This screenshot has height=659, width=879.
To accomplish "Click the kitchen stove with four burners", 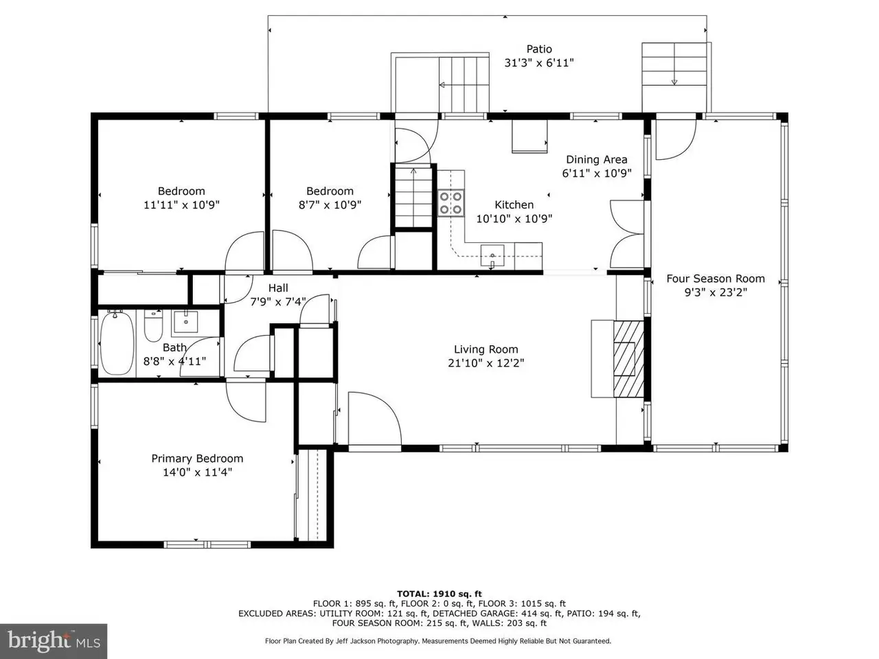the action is click(x=451, y=203).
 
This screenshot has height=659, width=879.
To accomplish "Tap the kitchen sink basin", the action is click(x=492, y=255).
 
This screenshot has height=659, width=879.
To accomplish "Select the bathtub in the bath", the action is click(x=117, y=343).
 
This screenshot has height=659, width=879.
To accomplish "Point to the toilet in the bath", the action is click(x=153, y=327).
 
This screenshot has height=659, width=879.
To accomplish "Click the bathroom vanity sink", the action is click(x=185, y=322).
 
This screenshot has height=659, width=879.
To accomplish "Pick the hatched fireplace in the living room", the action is click(x=628, y=358).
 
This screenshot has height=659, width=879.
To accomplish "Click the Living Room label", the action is click(x=486, y=349).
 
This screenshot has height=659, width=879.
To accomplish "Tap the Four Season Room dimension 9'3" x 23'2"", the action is click(x=716, y=292).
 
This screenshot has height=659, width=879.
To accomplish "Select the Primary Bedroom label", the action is click(x=197, y=459).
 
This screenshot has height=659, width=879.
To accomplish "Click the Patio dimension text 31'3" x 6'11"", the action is click(x=539, y=63).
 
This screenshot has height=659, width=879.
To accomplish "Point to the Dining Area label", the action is click(x=597, y=159).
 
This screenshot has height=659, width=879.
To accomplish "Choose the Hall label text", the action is click(x=278, y=288).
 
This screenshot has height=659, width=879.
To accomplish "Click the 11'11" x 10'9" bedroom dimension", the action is click(x=181, y=205).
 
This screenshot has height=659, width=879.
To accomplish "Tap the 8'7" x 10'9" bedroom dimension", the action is click(x=330, y=205).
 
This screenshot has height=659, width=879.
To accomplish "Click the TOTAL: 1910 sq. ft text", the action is click(x=439, y=594).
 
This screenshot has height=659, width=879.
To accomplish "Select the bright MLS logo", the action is click(x=54, y=640).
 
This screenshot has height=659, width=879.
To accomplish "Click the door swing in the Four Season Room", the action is click(x=676, y=139).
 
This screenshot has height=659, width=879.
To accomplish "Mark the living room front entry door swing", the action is click(x=374, y=418).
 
